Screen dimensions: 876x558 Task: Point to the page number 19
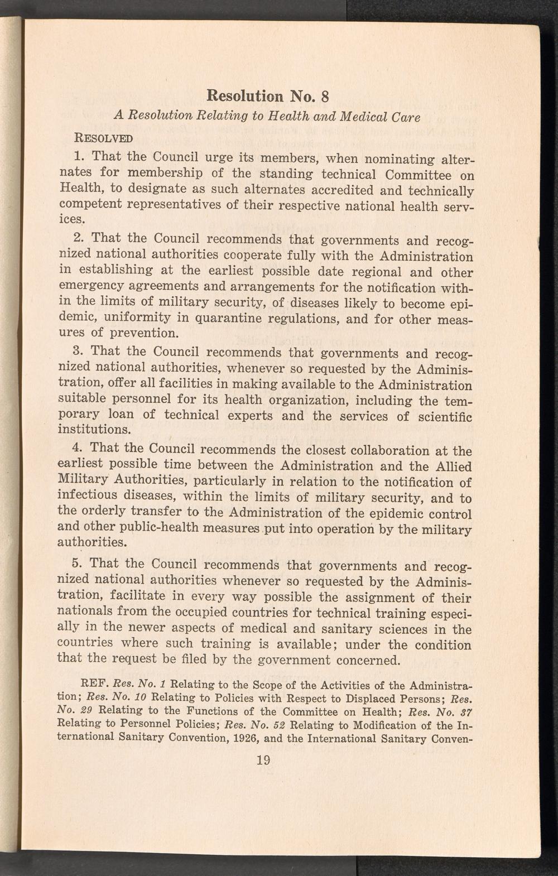click(x=261, y=759)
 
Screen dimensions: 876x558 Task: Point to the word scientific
click(x=443, y=416)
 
